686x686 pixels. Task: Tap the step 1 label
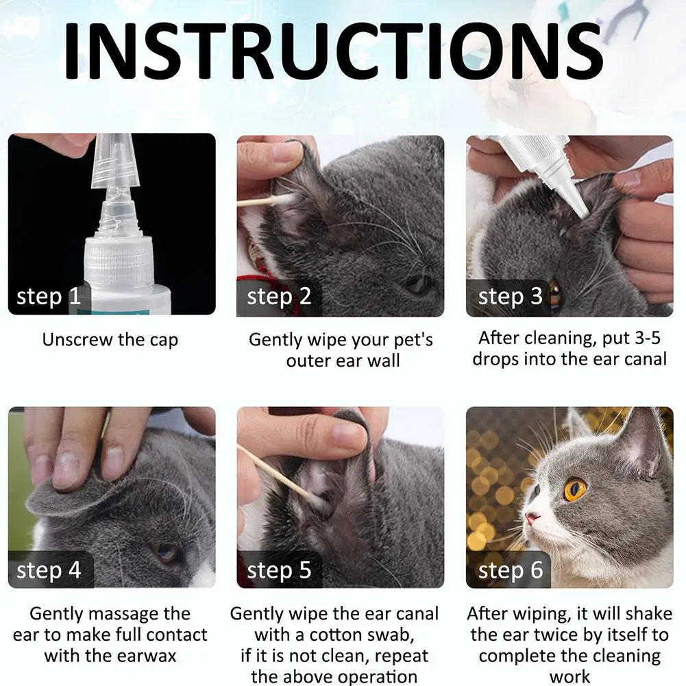click(x=49, y=297)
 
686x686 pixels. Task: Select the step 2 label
click(x=279, y=297)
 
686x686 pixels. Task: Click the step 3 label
click(x=510, y=297)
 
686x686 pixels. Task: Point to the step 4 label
click(x=49, y=570)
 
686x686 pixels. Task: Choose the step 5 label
click(x=279, y=570)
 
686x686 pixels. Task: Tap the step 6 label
click(x=510, y=570)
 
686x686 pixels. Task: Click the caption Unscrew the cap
click(x=110, y=339)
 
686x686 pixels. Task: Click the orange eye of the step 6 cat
click(x=574, y=489)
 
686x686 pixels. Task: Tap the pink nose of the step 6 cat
click(x=530, y=518)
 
